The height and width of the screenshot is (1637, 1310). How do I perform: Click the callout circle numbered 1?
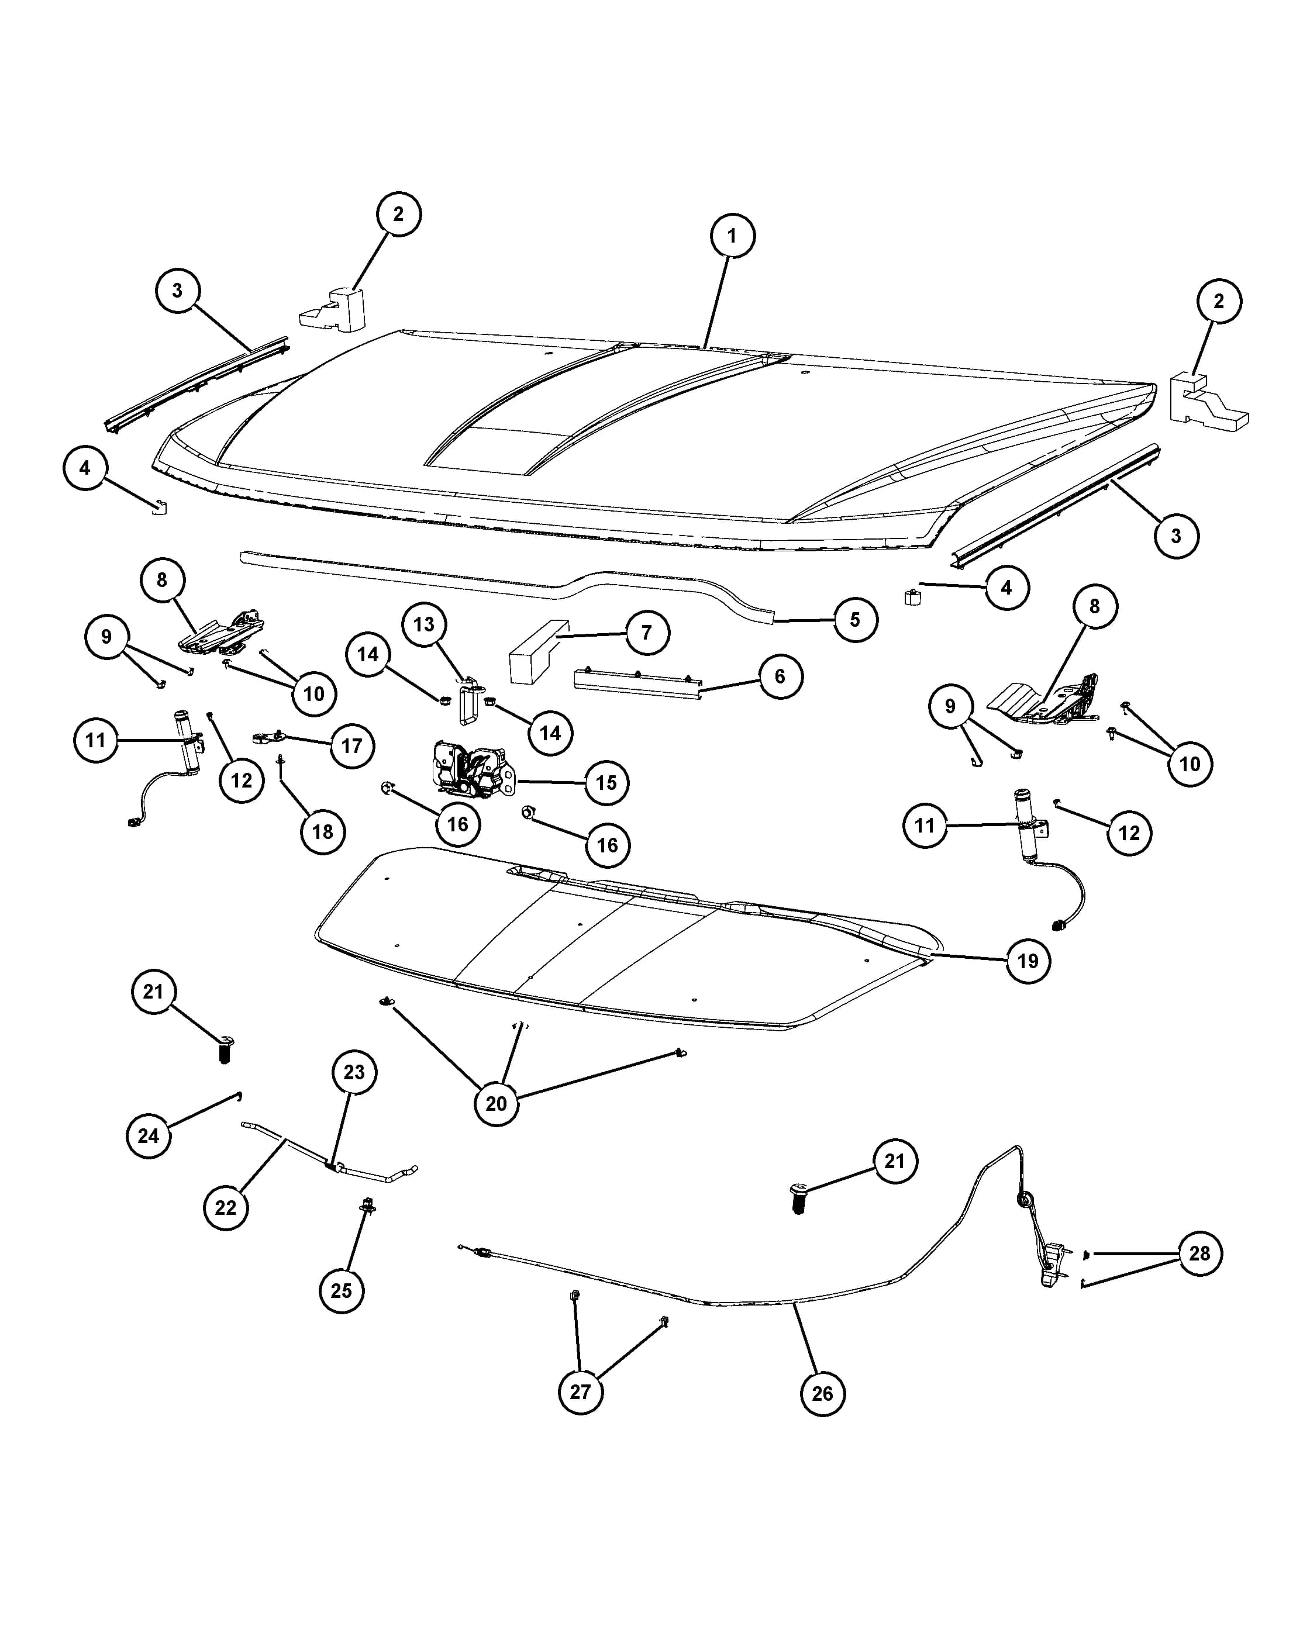click(732, 236)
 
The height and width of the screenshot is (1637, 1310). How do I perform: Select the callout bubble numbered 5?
click(855, 620)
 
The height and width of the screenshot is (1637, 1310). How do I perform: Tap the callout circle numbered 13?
click(424, 624)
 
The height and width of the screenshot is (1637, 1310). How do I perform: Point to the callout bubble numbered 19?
click(1028, 961)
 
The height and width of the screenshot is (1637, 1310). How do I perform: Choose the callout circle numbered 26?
click(822, 1393)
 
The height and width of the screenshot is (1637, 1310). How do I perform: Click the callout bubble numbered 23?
click(354, 1072)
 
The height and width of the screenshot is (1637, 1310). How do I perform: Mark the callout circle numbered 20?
click(496, 1103)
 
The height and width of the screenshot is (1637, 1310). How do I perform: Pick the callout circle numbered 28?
click(1199, 1253)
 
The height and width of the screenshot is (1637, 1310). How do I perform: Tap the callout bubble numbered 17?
click(351, 745)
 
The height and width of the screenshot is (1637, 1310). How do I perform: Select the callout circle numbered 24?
click(149, 1136)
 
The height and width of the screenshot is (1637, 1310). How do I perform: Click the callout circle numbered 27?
click(580, 1392)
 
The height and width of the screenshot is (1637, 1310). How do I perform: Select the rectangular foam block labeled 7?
click(539, 651)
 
